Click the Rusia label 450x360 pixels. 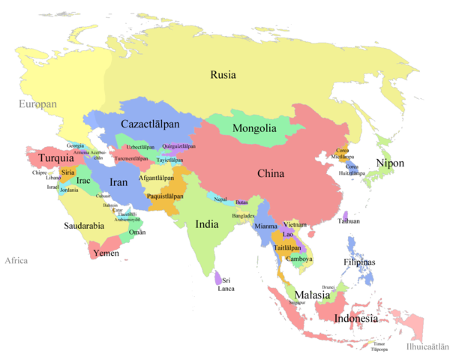[223, 75]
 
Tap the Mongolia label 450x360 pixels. [254, 128]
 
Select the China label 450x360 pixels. [271, 174]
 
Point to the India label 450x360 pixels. [207, 223]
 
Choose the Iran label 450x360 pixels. [119, 182]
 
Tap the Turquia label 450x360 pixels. [55, 158]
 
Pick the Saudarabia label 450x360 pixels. [83, 225]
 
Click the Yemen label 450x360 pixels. [106, 253]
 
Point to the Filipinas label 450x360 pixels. [364, 262]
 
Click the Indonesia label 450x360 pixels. [355, 319]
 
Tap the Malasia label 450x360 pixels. [312, 295]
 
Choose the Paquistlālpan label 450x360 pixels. [165, 196]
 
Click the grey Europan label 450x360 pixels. [38, 104]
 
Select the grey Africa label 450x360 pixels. [16, 261]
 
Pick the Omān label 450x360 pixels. [137, 232]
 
